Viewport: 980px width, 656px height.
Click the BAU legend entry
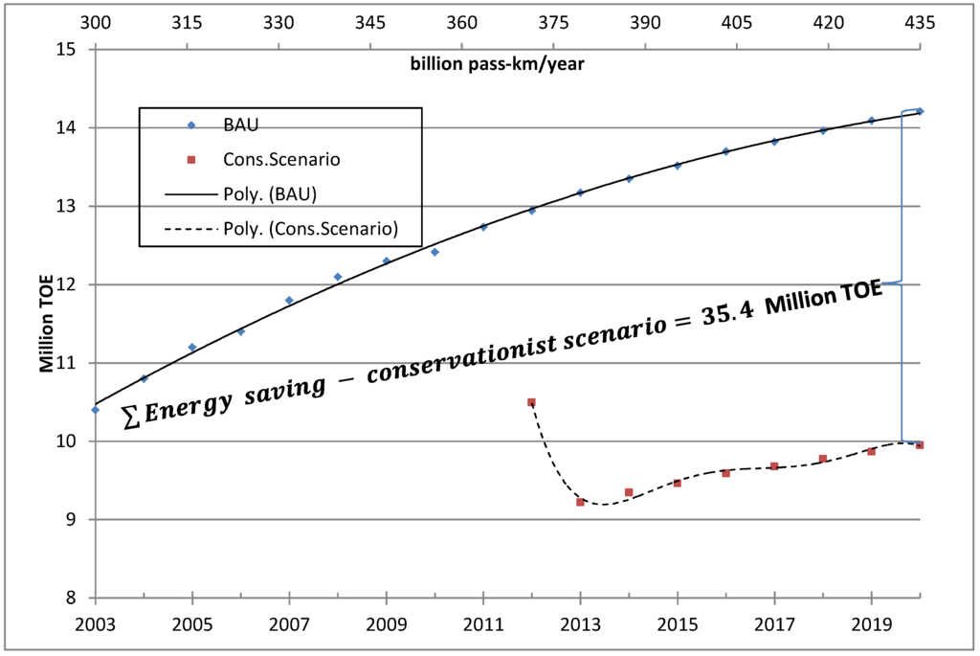(x=240, y=124)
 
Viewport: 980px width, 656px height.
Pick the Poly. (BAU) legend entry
(x=269, y=193)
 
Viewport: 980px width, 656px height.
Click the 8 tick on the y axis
(x=71, y=599)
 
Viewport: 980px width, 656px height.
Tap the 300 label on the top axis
(x=96, y=22)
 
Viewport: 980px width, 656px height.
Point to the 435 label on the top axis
(x=920, y=22)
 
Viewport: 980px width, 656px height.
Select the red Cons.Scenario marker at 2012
(x=532, y=402)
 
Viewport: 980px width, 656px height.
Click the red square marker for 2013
(x=580, y=502)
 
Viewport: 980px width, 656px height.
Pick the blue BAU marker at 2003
(x=96, y=409)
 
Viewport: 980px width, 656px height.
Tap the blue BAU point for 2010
(x=434, y=252)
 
